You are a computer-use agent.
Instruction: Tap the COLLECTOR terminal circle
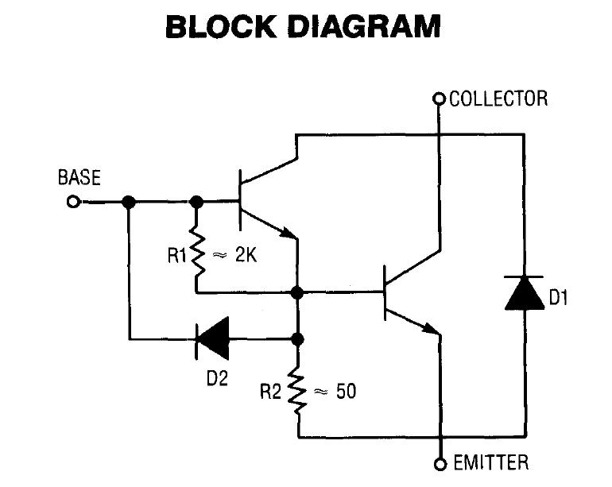[x=438, y=99]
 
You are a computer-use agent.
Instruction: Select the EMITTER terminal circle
[x=438, y=463]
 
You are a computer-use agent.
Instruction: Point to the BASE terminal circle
[x=73, y=202]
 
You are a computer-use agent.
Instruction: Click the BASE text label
[x=79, y=178]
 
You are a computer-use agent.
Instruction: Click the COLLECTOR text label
[x=498, y=99]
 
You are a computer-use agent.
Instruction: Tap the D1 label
[x=560, y=299]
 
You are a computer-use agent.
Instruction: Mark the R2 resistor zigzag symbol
[x=299, y=390]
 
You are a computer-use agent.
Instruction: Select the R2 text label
[x=273, y=391]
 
